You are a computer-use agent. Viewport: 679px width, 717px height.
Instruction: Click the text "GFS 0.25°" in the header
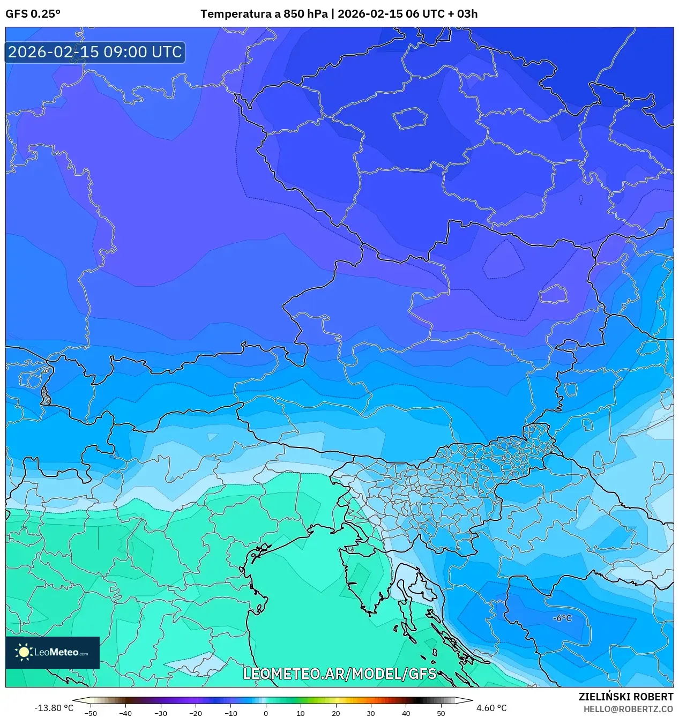coord(33,14)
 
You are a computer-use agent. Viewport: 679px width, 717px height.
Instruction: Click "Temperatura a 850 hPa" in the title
coord(264,14)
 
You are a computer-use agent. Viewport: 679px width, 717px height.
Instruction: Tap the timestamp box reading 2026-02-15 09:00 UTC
coord(95,52)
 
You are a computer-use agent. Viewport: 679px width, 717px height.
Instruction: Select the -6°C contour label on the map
coord(562,618)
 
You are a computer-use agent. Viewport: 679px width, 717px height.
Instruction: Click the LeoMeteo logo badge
coord(53,652)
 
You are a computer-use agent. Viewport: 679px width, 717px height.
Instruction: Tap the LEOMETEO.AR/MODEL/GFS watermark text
coord(340,673)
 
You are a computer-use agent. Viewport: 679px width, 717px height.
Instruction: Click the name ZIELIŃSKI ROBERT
coord(625,697)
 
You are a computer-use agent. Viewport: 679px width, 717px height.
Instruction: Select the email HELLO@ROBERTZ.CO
coord(628,708)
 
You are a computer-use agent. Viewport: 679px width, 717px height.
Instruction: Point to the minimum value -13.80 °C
coord(54,708)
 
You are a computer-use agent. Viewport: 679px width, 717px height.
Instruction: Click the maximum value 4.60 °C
coord(491,708)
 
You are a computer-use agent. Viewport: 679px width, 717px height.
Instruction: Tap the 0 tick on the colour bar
coord(266,713)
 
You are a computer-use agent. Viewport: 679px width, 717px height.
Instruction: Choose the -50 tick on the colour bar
coord(91,713)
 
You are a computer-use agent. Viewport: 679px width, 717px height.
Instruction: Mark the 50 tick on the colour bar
coord(441,713)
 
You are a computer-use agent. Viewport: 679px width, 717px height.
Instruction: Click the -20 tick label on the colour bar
coord(196,713)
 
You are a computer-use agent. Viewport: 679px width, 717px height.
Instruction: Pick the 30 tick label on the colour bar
coord(371,713)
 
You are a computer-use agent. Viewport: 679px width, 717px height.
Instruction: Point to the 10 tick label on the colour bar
coord(301,713)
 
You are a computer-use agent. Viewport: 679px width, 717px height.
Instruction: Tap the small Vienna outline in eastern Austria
coord(554,294)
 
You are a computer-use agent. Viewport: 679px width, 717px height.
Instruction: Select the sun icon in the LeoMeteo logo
coord(24,652)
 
